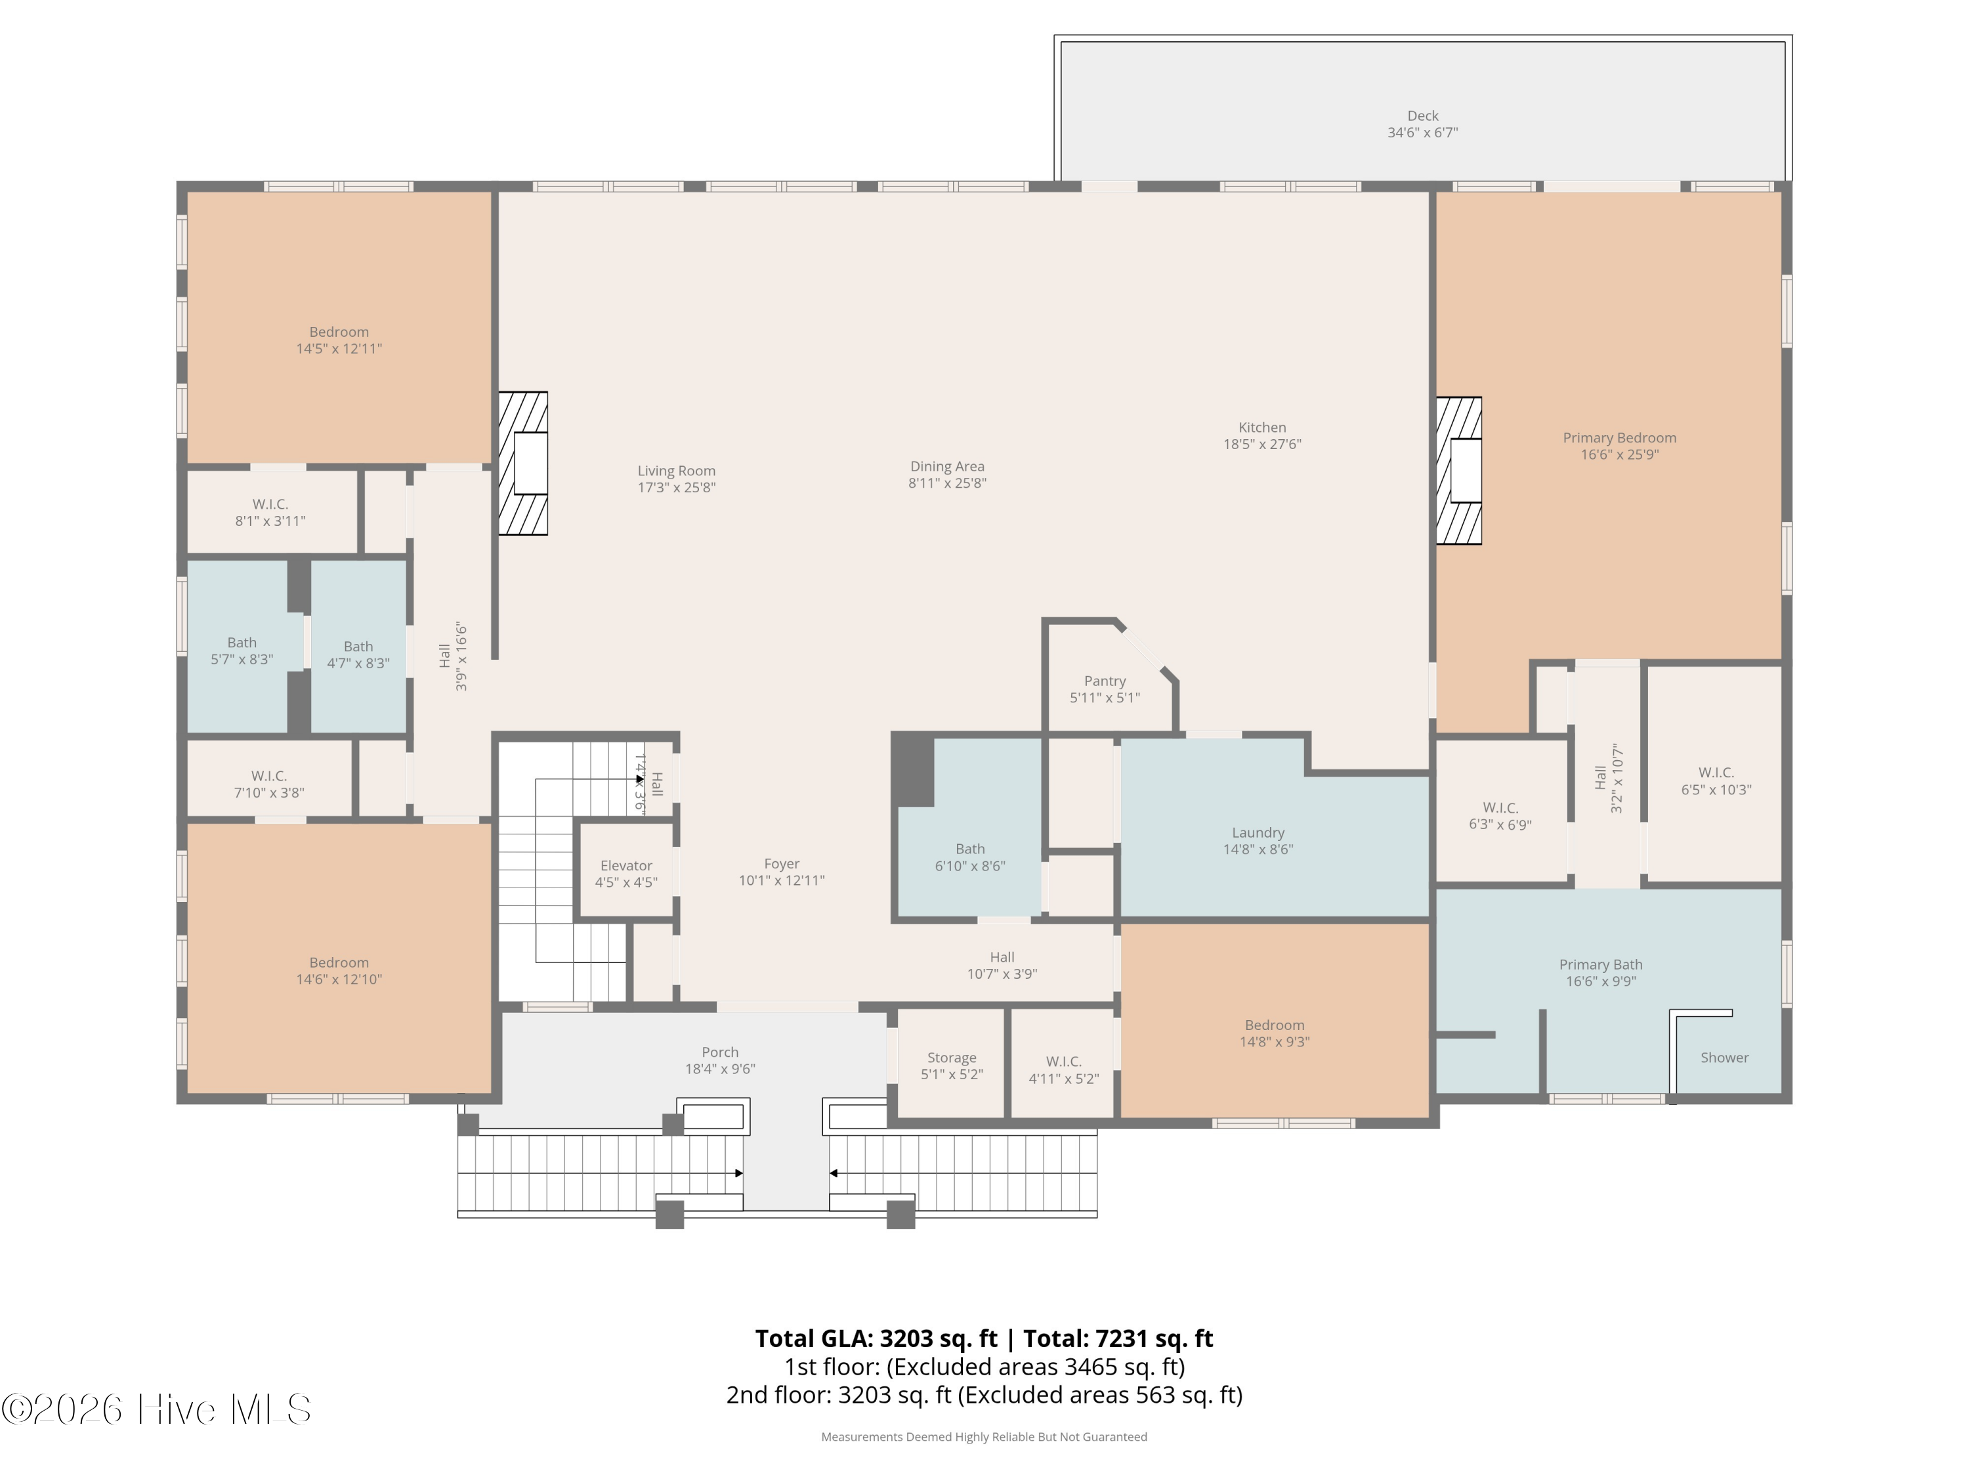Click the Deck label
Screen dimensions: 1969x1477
(x=1422, y=116)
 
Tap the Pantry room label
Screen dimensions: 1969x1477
(x=1105, y=681)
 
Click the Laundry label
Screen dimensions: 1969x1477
(x=1258, y=832)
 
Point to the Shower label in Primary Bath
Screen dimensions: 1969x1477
(x=1724, y=1058)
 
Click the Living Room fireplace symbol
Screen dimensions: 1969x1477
(x=522, y=463)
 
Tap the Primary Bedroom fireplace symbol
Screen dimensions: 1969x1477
(x=1459, y=470)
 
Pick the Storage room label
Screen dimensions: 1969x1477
(x=952, y=1058)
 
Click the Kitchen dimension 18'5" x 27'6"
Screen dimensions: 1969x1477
(x=1262, y=444)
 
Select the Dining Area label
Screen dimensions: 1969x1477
(x=947, y=467)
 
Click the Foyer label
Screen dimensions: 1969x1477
(x=782, y=864)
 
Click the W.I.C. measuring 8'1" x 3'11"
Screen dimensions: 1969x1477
(x=270, y=513)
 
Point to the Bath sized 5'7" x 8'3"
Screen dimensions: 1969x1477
(x=242, y=647)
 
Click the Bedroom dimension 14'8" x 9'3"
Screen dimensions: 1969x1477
(x=1275, y=1042)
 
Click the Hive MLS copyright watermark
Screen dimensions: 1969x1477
(x=157, y=1409)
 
